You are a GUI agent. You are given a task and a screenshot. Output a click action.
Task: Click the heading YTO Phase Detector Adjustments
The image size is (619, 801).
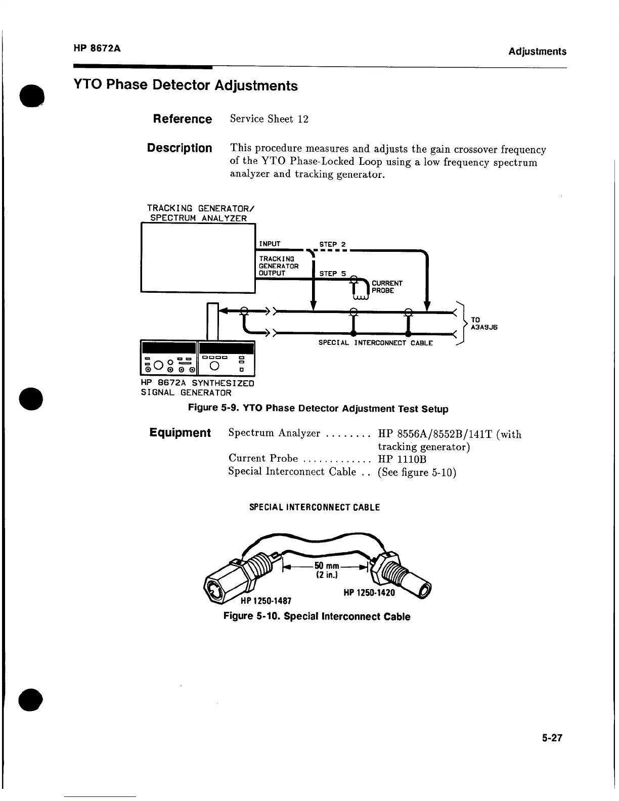[x=186, y=85]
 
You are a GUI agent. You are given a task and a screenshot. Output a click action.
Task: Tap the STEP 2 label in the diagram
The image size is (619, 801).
[x=332, y=244]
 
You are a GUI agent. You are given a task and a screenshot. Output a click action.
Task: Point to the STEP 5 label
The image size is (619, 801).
[x=332, y=274]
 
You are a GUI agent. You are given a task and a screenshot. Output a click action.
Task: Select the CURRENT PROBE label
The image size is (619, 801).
[x=387, y=287]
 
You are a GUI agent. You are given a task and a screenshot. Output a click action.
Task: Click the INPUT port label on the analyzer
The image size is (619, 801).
[x=270, y=244]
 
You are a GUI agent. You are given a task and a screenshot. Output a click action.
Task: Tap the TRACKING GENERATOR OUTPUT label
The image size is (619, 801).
[x=279, y=266]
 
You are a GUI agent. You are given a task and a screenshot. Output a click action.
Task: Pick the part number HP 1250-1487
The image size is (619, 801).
[x=266, y=601]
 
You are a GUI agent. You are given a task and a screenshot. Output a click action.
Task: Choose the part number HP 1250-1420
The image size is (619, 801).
[x=369, y=592]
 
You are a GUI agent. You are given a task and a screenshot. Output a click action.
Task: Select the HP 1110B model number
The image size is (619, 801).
[x=402, y=459]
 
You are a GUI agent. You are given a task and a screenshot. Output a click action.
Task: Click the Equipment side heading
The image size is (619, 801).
[x=180, y=433]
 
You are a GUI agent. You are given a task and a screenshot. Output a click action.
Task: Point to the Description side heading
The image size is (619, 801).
[x=180, y=148]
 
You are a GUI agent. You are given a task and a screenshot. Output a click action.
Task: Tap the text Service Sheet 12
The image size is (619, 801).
[x=269, y=119]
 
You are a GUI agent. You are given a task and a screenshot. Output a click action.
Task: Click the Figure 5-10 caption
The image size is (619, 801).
[x=317, y=616]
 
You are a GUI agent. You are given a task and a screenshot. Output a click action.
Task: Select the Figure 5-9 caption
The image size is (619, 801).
[x=318, y=409]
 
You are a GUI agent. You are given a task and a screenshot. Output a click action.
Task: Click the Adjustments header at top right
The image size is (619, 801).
[x=537, y=51]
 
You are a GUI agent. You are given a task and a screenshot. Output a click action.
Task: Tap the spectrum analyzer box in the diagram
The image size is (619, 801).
[x=198, y=257]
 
